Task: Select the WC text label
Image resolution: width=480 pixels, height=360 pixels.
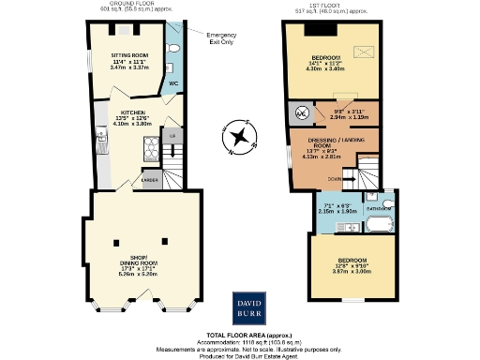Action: click(x=173, y=82)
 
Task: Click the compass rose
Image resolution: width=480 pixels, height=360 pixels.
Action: click(x=241, y=141)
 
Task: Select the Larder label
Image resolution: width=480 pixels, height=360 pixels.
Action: click(x=150, y=178)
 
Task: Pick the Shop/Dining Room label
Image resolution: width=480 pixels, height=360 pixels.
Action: click(x=138, y=263)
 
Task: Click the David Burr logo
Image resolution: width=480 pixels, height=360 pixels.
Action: click(x=250, y=307)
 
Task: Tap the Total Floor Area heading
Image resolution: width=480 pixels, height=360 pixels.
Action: click(x=240, y=335)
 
